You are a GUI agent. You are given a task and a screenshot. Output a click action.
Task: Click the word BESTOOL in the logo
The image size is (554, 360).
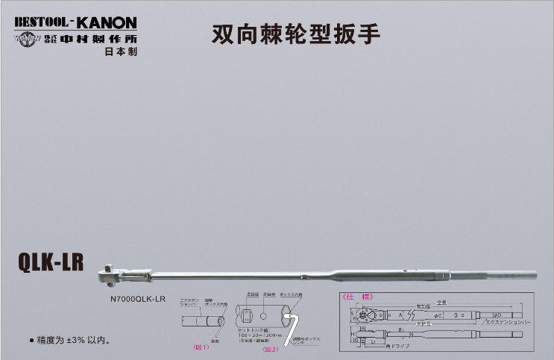[42, 22]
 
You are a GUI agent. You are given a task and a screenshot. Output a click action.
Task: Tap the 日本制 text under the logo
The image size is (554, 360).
[121, 52]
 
